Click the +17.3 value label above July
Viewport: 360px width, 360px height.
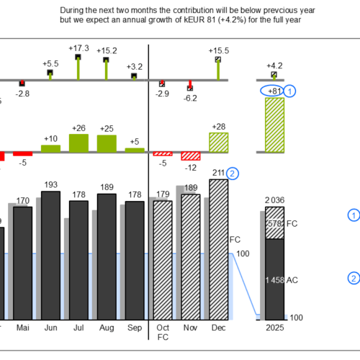click(x=79, y=48)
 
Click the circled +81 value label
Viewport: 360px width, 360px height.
click(x=273, y=91)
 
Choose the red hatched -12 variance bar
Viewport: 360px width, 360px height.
click(x=191, y=156)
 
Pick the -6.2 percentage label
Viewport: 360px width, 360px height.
click(x=190, y=98)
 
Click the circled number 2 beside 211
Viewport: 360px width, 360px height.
click(x=232, y=174)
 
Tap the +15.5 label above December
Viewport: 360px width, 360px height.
click(x=218, y=51)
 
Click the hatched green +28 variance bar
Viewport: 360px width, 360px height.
click(x=218, y=142)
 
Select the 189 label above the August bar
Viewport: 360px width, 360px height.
click(x=107, y=188)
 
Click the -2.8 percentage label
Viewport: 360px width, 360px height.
click(x=23, y=94)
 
